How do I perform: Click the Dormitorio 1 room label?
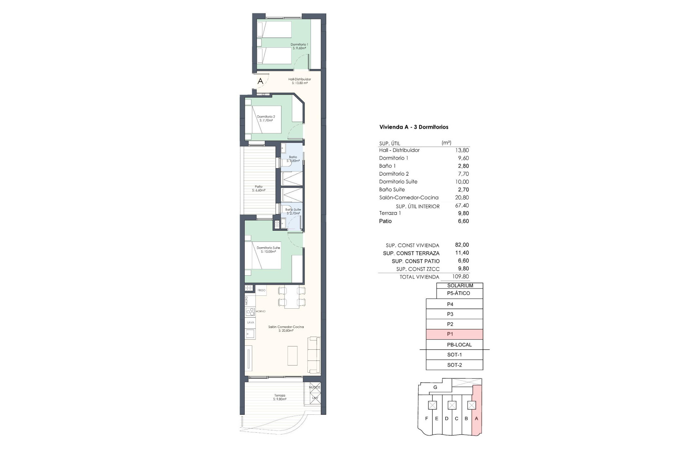[299, 46]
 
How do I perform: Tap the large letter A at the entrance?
[260, 81]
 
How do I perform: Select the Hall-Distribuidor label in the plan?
[299, 81]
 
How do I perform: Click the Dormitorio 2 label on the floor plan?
[266, 118]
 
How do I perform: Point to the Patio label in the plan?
[258, 188]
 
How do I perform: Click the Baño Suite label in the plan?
[293, 211]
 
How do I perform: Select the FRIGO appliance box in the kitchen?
[261, 290]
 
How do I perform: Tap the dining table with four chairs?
[292, 297]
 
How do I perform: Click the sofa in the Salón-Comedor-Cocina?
[314, 355]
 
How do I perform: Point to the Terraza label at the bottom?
[280, 397]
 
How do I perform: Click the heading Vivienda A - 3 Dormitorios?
[414, 127]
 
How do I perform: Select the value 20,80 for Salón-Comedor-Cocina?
[462, 197]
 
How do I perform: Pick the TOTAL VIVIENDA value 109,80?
[461, 277]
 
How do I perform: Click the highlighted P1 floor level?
[454, 334]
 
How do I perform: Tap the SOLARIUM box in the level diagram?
[460, 285]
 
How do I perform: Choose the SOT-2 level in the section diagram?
[454, 365]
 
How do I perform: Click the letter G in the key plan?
[435, 387]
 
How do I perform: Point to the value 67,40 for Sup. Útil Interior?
[462, 206]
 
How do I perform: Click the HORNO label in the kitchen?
[261, 311]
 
